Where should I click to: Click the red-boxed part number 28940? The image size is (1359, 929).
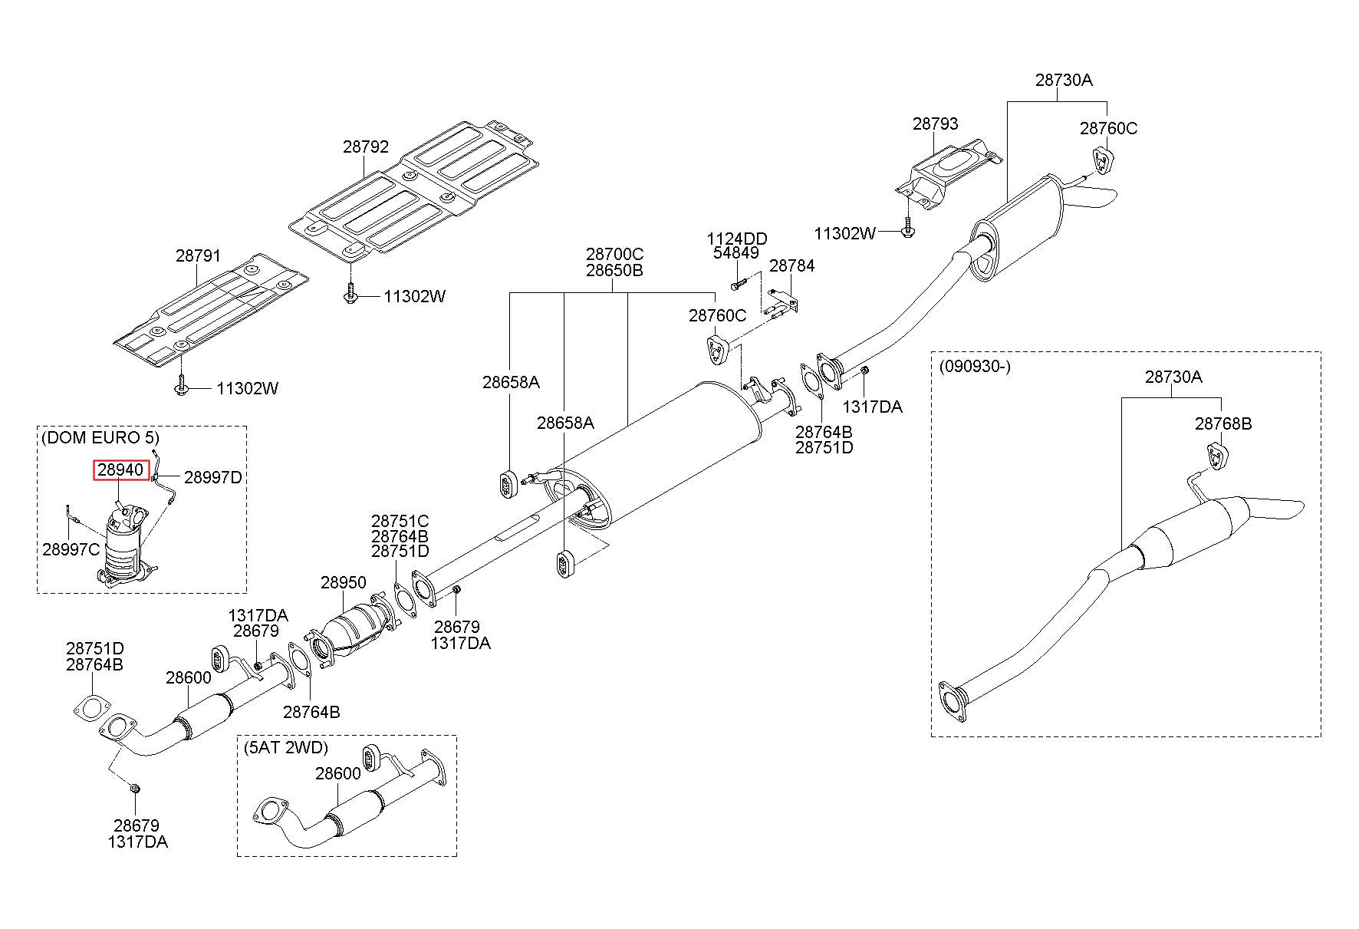[120, 469]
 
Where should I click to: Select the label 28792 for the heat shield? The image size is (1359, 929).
[366, 147]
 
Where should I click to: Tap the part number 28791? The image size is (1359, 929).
[198, 256]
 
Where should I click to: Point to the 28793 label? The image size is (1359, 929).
[935, 124]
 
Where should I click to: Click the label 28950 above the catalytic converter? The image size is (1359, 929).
[344, 582]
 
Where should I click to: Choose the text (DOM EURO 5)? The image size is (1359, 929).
[100, 437]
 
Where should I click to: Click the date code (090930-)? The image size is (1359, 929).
[975, 366]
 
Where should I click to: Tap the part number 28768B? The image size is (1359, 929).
[1222, 423]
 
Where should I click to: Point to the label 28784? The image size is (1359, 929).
[791, 265]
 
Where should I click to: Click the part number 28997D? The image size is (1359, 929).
[213, 477]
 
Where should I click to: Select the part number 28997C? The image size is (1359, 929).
[71, 549]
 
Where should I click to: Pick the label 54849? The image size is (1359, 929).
[735, 252]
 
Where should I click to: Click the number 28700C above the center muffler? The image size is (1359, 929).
[614, 253]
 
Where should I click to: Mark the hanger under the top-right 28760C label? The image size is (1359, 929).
[1104, 160]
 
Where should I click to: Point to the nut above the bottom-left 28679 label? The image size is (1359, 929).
[135, 788]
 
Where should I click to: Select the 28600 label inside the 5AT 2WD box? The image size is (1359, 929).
[337, 773]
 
